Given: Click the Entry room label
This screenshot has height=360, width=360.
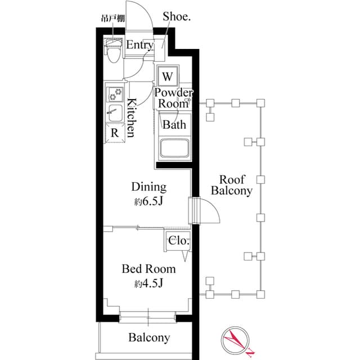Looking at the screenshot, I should (x=139, y=46).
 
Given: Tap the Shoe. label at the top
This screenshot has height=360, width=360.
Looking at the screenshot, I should (x=177, y=17).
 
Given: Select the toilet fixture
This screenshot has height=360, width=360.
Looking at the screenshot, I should (x=112, y=52).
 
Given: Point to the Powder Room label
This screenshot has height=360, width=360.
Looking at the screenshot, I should (x=174, y=98).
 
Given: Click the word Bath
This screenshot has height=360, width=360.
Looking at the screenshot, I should (x=174, y=125).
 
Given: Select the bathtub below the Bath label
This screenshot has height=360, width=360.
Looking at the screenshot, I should (x=174, y=149).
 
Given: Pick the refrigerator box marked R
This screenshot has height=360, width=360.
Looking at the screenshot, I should (x=114, y=133).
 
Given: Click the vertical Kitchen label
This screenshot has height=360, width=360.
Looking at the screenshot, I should (x=130, y=118).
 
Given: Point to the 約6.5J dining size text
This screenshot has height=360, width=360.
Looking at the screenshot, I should (x=148, y=201).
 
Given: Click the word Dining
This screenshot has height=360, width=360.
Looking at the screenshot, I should (x=148, y=187).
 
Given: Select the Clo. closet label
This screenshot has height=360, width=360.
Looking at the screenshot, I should (x=178, y=241).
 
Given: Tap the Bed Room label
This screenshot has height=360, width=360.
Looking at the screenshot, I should (x=148, y=269).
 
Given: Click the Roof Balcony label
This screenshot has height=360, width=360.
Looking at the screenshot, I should (x=232, y=185).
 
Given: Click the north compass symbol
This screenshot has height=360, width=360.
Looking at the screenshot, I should (x=236, y=340).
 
